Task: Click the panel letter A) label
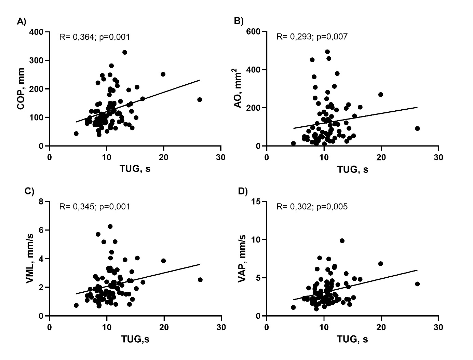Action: [21, 22]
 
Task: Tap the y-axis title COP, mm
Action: [21, 89]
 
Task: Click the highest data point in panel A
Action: [125, 52]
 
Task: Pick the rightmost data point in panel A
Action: [200, 100]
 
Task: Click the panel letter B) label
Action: [239, 21]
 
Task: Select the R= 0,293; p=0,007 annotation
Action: [312, 37]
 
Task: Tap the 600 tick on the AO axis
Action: [254, 32]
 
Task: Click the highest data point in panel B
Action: [327, 52]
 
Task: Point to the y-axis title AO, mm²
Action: [238, 89]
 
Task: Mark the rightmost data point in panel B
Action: [417, 128]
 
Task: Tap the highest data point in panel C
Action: [110, 226]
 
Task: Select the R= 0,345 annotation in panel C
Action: [95, 207]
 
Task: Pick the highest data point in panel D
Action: [342, 241]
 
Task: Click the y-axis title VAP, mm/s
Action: [242, 259]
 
